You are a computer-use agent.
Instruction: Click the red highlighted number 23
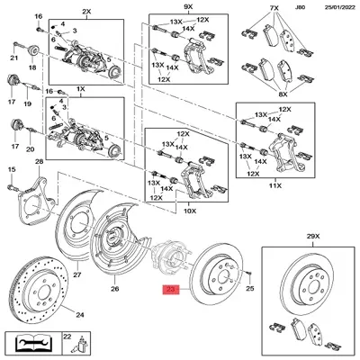[170, 290]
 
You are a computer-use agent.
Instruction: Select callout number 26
[113, 289]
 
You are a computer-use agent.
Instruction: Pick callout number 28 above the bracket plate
[39, 162]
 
